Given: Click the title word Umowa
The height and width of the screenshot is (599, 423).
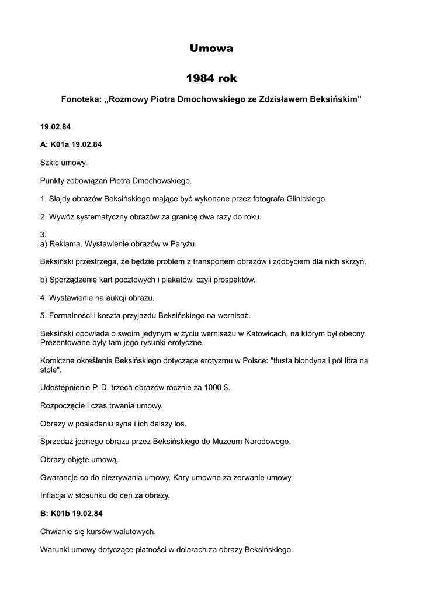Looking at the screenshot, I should click(x=211, y=49).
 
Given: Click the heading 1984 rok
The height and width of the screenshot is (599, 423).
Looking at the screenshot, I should click(x=211, y=78).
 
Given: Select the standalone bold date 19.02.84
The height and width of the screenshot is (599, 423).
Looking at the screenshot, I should click(x=56, y=126).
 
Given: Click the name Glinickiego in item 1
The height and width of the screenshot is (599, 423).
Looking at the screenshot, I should click(x=305, y=199).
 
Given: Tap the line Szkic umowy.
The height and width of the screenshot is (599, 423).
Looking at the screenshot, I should click(x=63, y=163).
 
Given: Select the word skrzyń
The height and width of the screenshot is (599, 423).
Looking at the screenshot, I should click(x=353, y=261).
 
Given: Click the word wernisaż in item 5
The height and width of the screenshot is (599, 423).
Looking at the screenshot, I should click(x=232, y=315).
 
